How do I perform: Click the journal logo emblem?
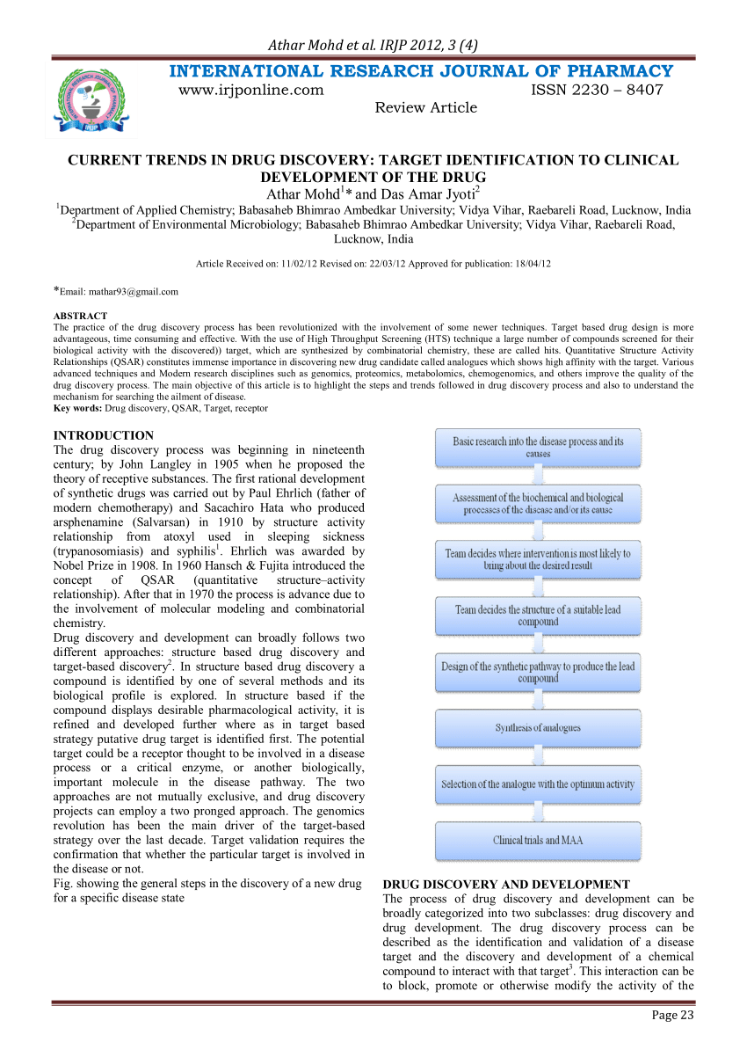pos(91,99)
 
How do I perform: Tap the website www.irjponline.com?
pos(250,90)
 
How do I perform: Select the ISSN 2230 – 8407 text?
pos(597,90)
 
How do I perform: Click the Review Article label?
pos(426,107)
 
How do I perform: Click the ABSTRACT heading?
pos(80,315)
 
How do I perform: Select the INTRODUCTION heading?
pos(104,435)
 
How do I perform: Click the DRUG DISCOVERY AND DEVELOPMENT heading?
pos(506,885)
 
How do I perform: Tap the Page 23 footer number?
pos(672,1015)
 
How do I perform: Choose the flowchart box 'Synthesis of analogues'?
pos(538,728)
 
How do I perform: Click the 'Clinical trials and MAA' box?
pos(538,840)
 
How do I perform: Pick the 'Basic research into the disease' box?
pos(538,447)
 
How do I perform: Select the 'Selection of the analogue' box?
pos(538,784)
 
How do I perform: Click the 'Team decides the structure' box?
pos(538,615)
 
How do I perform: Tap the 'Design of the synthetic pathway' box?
pos(538,672)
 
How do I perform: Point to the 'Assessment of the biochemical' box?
pos(538,503)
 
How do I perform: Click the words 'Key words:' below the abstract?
pos(78,408)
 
